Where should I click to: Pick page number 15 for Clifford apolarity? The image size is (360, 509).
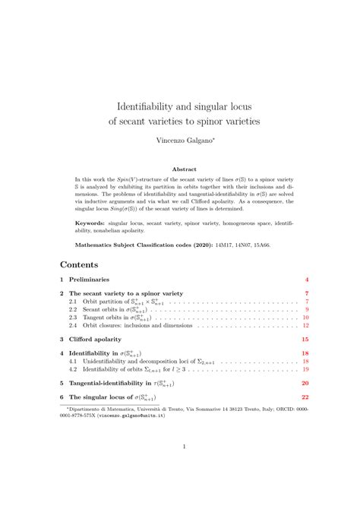(x=304, y=340)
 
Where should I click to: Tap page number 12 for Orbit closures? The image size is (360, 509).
(x=305, y=324)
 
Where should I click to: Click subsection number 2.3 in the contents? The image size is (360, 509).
(x=74, y=317)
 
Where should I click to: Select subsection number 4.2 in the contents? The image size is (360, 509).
(x=74, y=369)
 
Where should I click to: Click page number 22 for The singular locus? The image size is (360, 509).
(x=304, y=397)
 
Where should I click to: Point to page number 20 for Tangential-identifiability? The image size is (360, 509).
(x=304, y=384)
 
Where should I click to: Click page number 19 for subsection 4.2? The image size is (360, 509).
(x=305, y=369)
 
